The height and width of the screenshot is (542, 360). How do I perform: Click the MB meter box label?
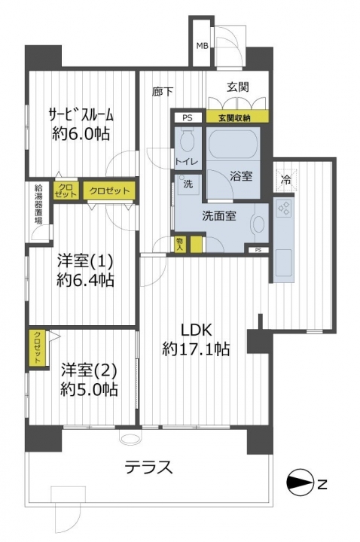(202, 46)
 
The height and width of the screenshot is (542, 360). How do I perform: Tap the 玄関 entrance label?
(237, 87)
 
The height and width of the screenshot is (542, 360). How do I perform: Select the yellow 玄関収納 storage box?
(237, 117)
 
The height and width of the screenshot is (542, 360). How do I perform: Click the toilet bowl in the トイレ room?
(188, 141)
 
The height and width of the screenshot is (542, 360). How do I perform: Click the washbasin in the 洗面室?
(259, 224)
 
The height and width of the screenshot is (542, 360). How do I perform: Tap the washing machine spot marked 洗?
(188, 184)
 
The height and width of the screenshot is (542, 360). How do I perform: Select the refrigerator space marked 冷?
(285, 179)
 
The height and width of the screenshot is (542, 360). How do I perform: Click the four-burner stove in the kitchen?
(284, 208)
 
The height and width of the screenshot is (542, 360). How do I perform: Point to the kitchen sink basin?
(284, 263)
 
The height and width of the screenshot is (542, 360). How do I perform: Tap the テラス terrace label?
(148, 467)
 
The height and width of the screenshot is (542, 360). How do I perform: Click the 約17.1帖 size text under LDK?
(196, 349)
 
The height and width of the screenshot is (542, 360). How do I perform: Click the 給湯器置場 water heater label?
(38, 205)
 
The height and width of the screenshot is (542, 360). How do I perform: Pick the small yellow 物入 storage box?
(180, 245)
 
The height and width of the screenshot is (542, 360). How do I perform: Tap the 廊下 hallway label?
(162, 92)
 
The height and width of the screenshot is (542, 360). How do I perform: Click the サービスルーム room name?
(81, 114)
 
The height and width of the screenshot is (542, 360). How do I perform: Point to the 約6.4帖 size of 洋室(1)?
(85, 280)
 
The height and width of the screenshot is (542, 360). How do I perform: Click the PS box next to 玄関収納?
(187, 118)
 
